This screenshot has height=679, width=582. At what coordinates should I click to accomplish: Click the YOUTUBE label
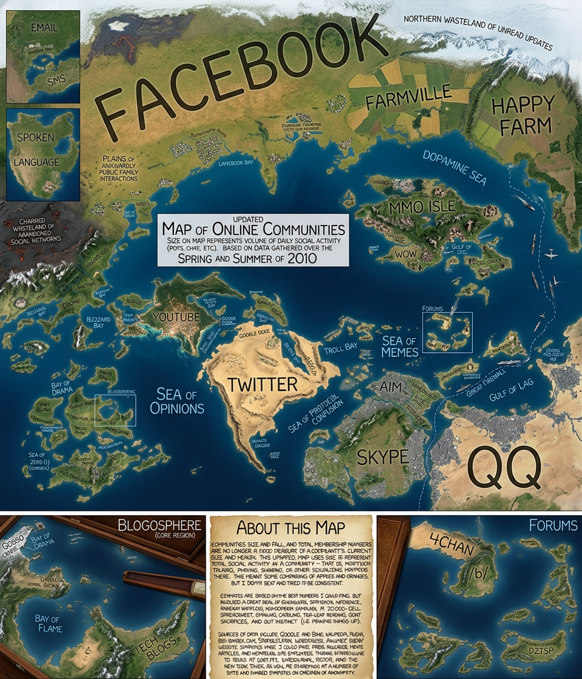(x=176, y=316)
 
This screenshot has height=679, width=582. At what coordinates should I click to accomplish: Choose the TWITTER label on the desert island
(x=262, y=384)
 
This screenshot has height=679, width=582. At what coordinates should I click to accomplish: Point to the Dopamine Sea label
(x=455, y=165)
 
